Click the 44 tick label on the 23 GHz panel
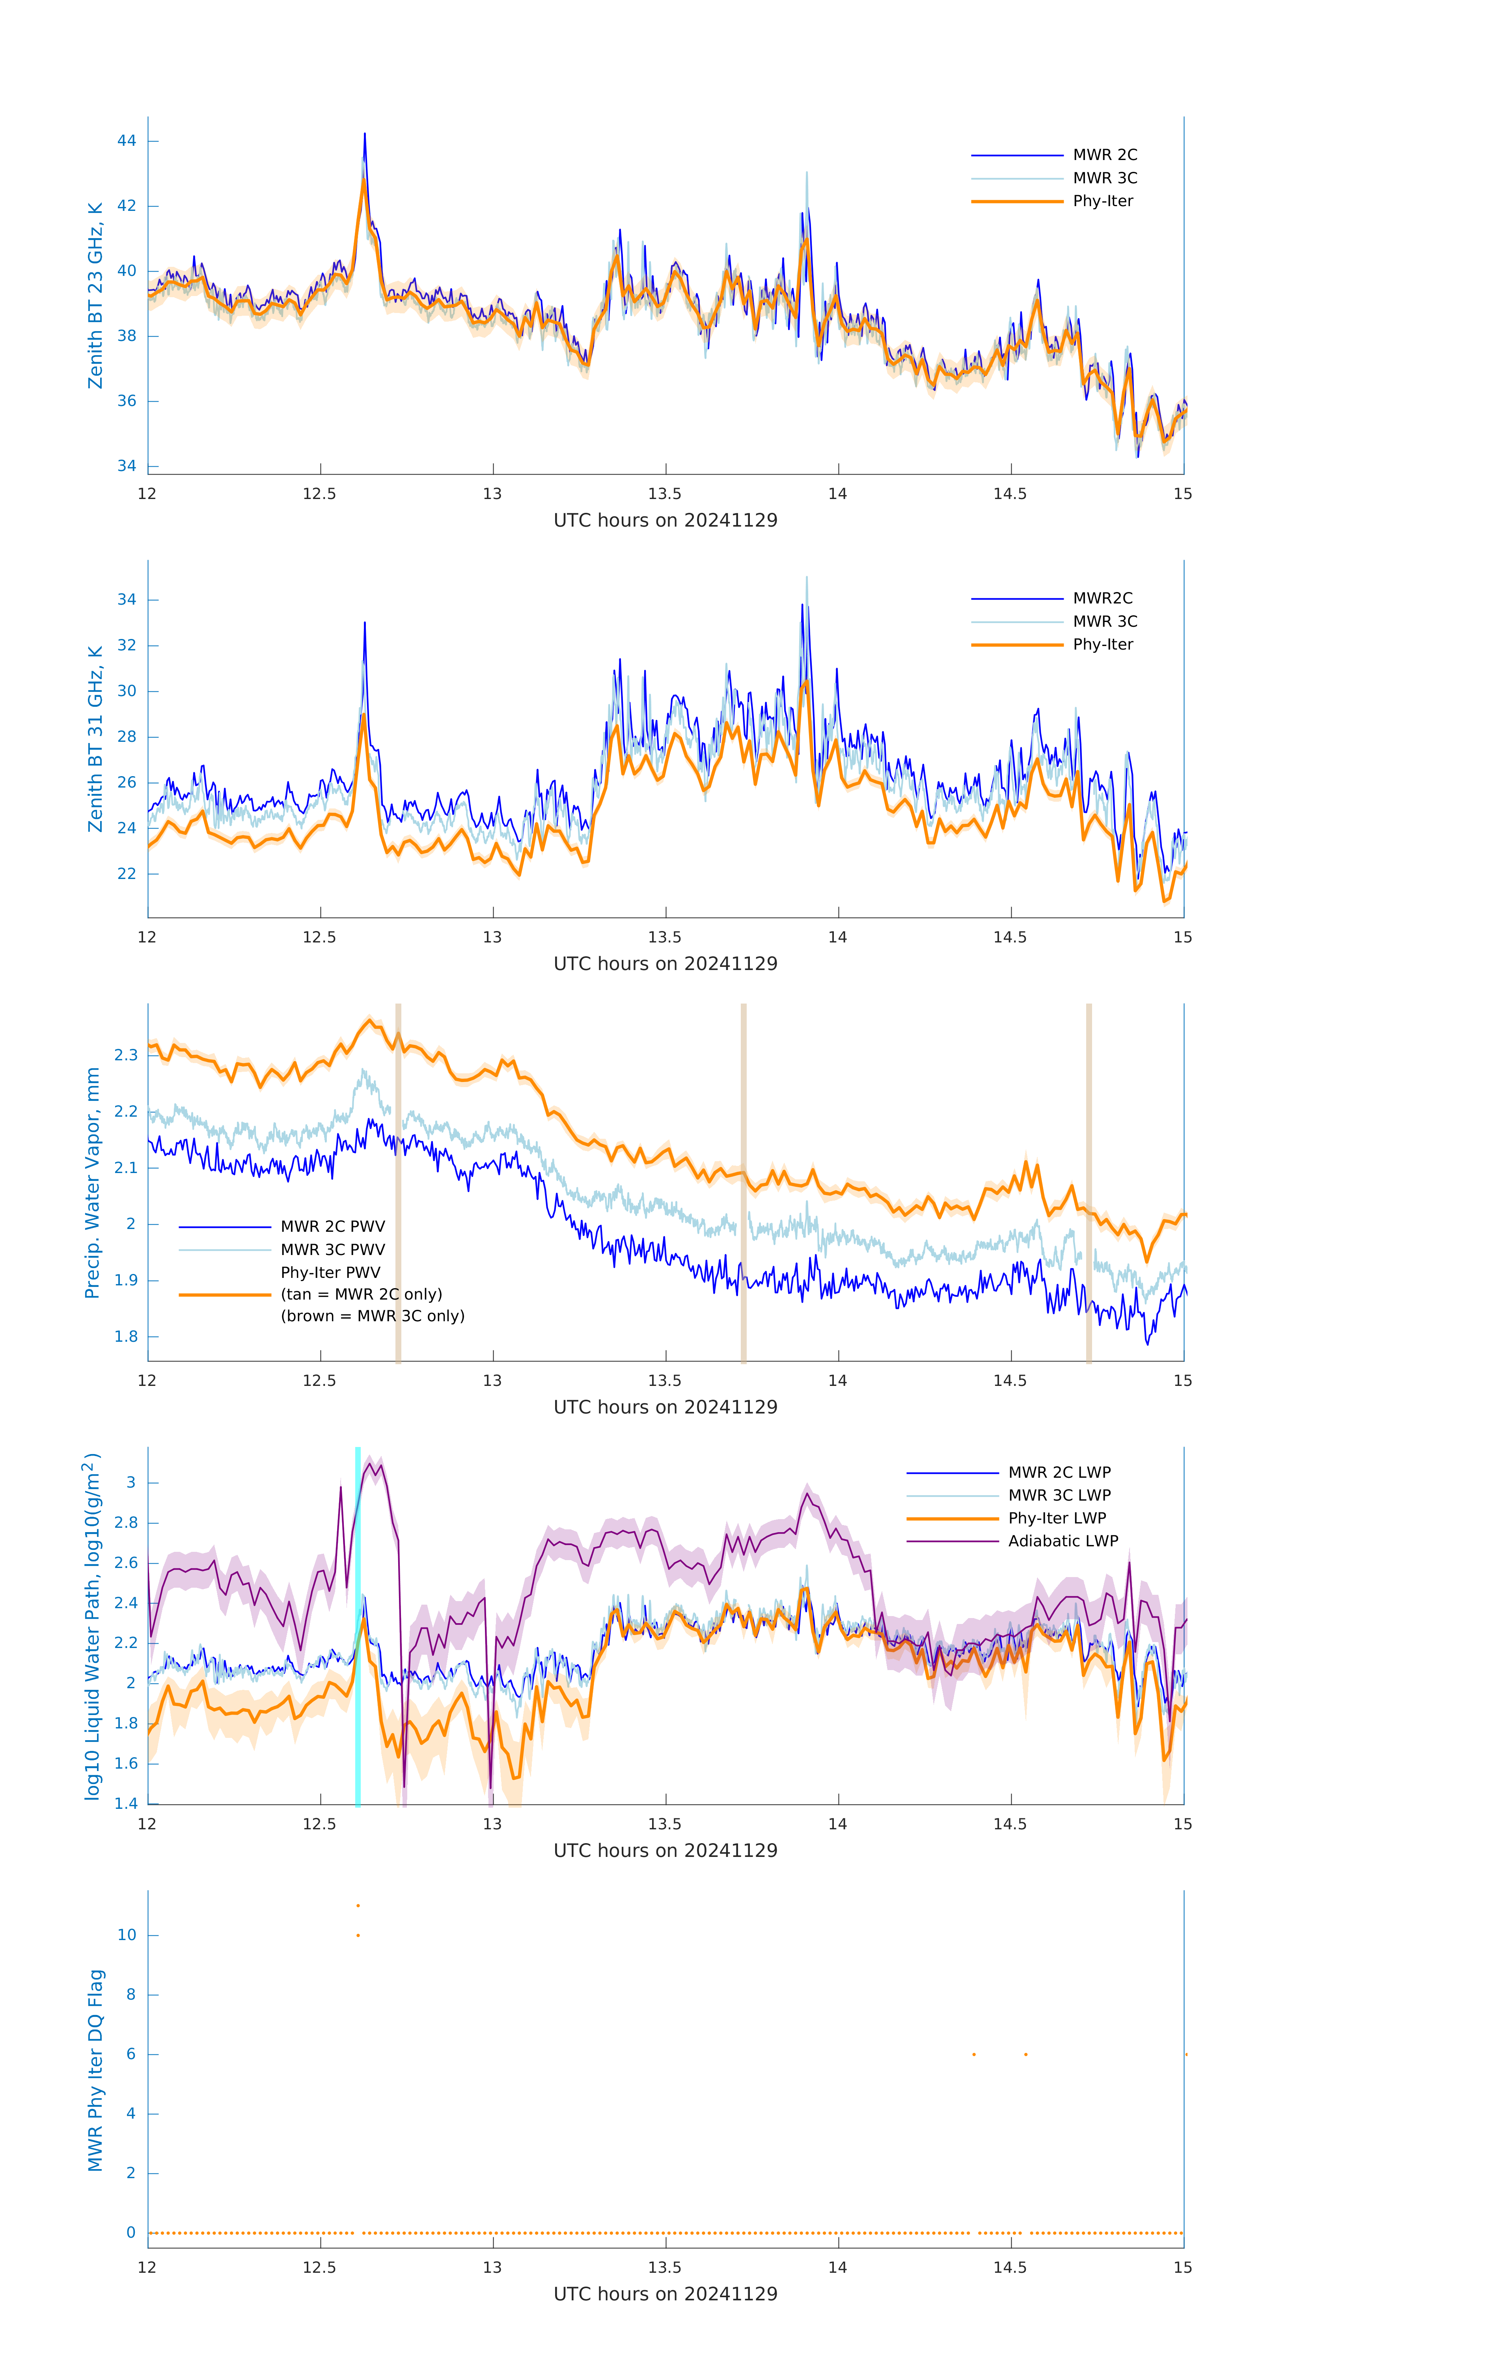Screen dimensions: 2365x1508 (x=127, y=140)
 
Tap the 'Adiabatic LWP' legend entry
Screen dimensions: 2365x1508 (x=1062, y=1541)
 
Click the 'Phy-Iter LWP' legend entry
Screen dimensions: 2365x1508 (x=1056, y=1518)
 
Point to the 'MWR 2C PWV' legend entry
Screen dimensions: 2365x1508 (x=332, y=1227)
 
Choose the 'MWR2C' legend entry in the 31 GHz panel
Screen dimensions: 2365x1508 (x=1101, y=598)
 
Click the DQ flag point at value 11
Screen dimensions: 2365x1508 (x=358, y=1905)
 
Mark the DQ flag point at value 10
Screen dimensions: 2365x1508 (x=358, y=1936)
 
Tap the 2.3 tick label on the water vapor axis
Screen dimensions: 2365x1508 (x=126, y=1055)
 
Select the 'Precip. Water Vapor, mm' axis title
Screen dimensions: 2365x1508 (x=92, y=1182)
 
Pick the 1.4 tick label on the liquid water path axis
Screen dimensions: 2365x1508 (x=126, y=1803)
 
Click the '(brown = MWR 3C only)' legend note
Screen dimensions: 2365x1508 (x=372, y=1316)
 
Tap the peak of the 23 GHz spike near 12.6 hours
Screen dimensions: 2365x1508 (x=364, y=134)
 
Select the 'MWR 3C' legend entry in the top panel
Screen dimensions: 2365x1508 (x=1104, y=178)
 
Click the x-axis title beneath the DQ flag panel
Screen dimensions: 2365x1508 (x=665, y=2294)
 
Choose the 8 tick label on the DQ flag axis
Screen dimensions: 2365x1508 (x=130, y=1995)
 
